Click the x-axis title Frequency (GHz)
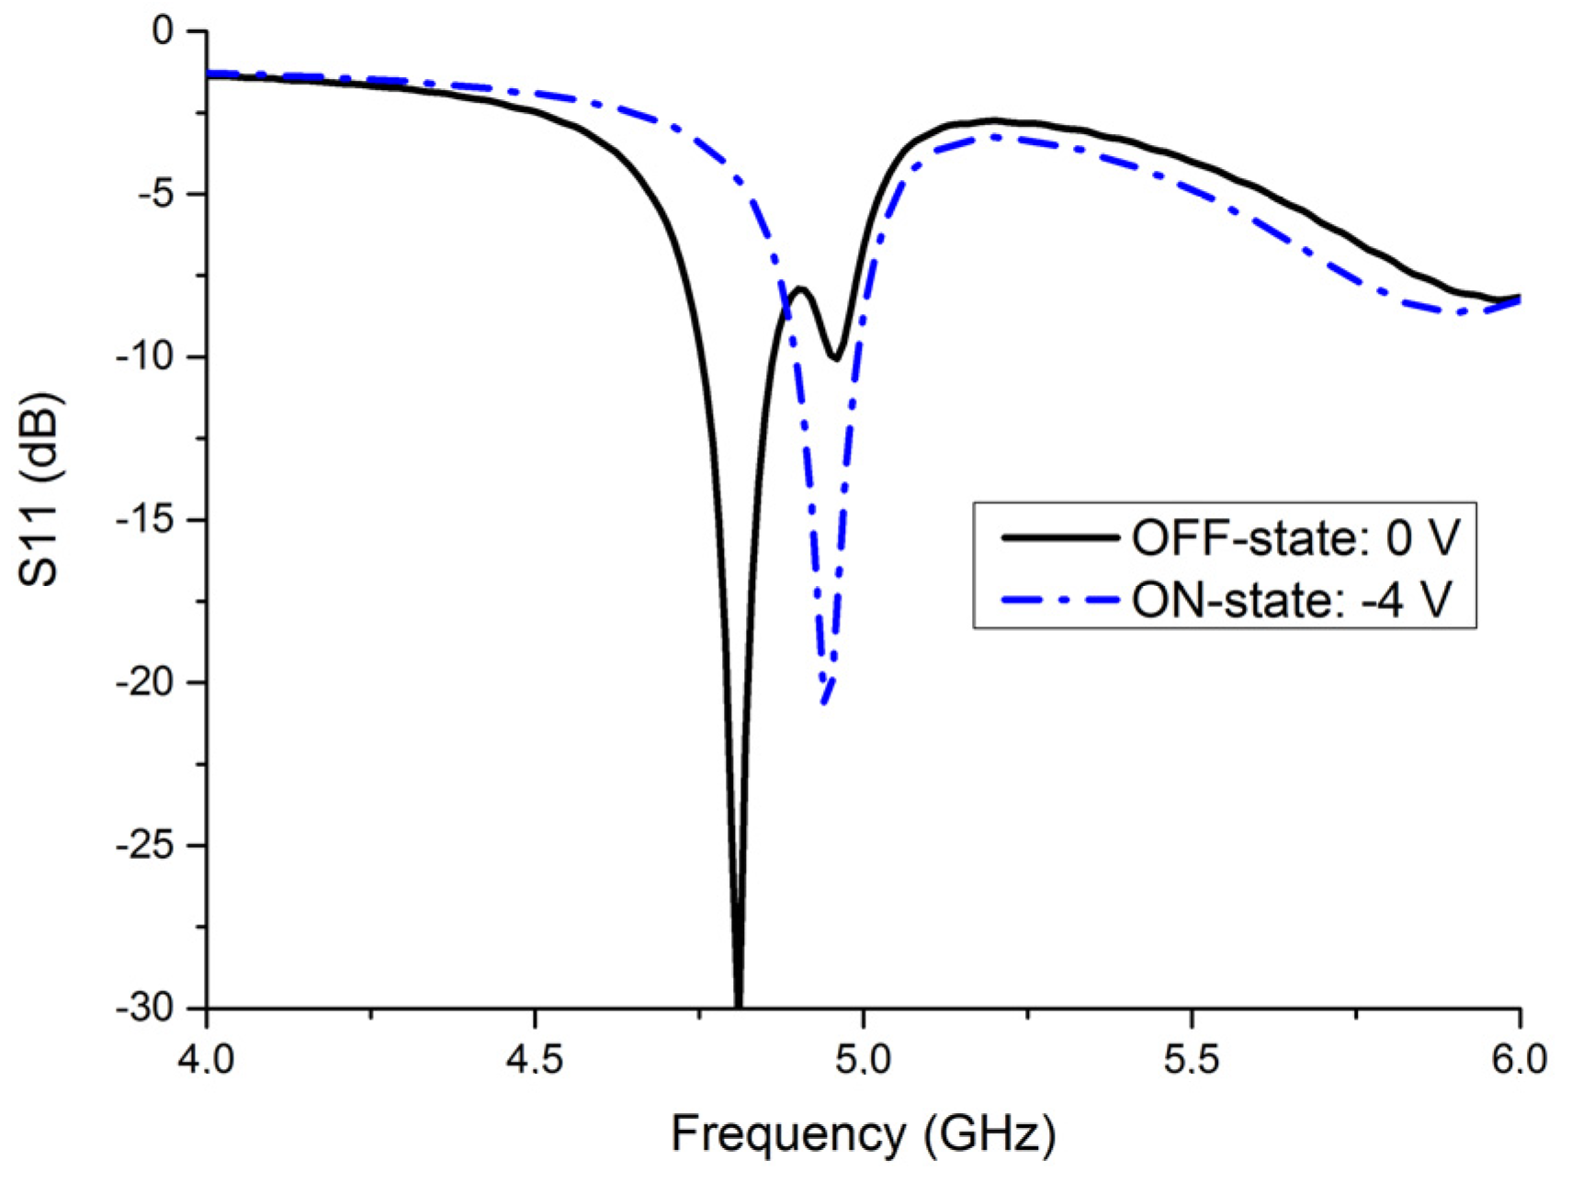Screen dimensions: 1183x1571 pos(863,1135)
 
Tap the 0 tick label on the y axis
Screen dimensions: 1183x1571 pos(163,32)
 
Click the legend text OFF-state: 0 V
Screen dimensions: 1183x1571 pos(1294,538)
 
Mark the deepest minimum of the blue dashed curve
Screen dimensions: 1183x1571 pos(824,703)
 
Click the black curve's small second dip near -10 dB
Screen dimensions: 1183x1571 pos(835,358)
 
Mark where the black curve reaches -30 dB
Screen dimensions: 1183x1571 pos(738,1006)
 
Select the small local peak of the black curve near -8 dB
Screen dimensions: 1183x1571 pos(801,289)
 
